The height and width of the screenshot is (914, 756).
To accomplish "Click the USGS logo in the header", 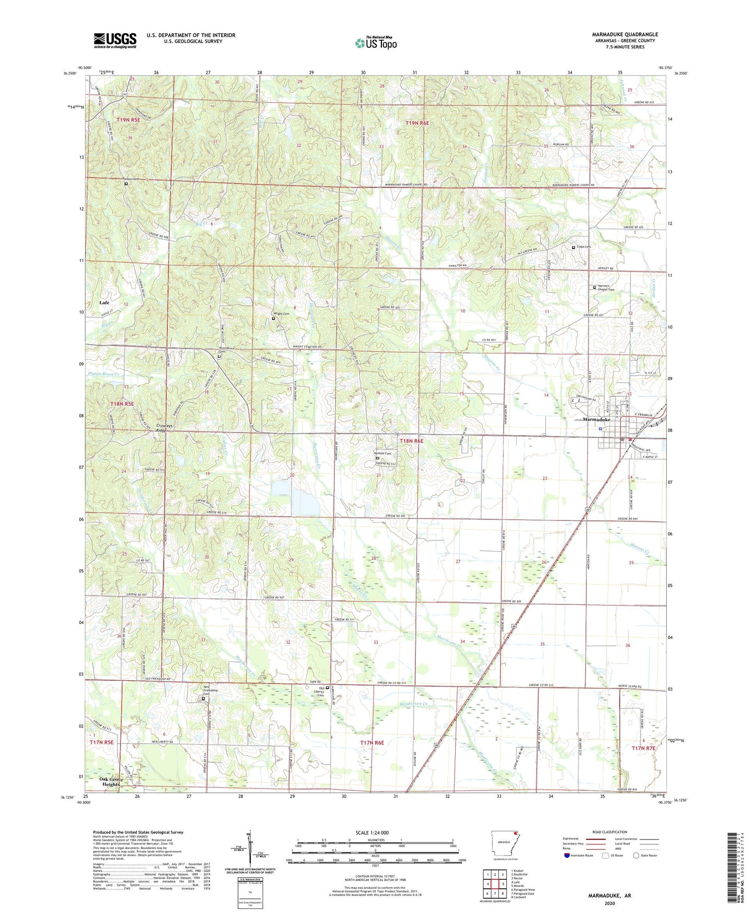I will point(115,40).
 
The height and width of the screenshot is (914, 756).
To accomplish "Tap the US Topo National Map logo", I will point(376,43).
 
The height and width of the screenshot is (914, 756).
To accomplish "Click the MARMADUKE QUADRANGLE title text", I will point(624,34).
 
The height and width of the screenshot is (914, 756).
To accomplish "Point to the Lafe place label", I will point(104,302).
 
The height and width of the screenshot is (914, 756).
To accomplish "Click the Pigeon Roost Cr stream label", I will point(103,374).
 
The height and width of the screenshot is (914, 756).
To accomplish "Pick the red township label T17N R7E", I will point(643,749).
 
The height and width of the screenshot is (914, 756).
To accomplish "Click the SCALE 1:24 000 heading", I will point(372,832).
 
